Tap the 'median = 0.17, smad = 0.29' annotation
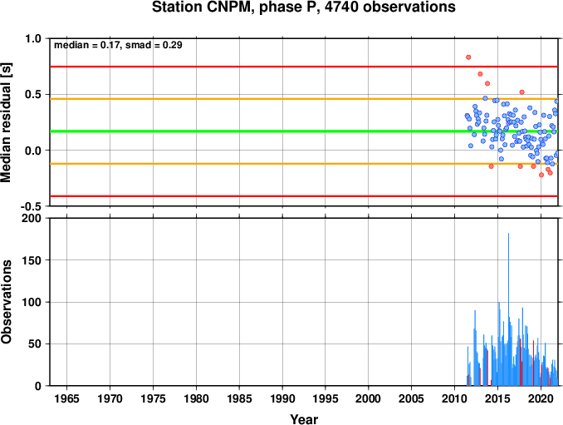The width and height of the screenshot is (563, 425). pyautogui.click(x=118, y=45)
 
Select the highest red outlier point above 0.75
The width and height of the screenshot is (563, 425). pyautogui.click(x=468, y=57)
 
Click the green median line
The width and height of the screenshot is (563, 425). pyautogui.click(x=304, y=131)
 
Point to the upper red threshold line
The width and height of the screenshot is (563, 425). pyautogui.click(x=304, y=67)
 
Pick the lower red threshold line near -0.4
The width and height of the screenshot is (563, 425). pyautogui.click(x=304, y=196)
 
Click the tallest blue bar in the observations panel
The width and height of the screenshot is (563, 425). pyautogui.click(x=508, y=309)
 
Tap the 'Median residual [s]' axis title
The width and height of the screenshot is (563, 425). pyautogui.click(x=6, y=122)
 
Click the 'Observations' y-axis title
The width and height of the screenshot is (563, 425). pyautogui.click(x=6, y=302)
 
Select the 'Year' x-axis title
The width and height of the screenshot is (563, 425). pyautogui.click(x=304, y=419)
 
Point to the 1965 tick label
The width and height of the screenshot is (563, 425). pyautogui.click(x=66, y=398)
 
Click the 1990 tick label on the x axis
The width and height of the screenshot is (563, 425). pyautogui.click(x=282, y=398)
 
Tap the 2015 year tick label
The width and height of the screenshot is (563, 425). pyautogui.click(x=497, y=398)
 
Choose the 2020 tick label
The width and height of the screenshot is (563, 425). pyautogui.click(x=541, y=398)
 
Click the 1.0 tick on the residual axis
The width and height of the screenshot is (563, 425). pyautogui.click(x=33, y=38)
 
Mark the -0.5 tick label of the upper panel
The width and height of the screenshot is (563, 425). pyautogui.click(x=32, y=206)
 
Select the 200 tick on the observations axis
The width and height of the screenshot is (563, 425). pyautogui.click(x=32, y=218)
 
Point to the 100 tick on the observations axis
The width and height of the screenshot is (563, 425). pyautogui.click(x=32, y=302)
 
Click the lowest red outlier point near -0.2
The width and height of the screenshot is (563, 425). pyautogui.click(x=541, y=175)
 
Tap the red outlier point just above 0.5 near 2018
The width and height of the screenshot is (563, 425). pyautogui.click(x=522, y=92)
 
